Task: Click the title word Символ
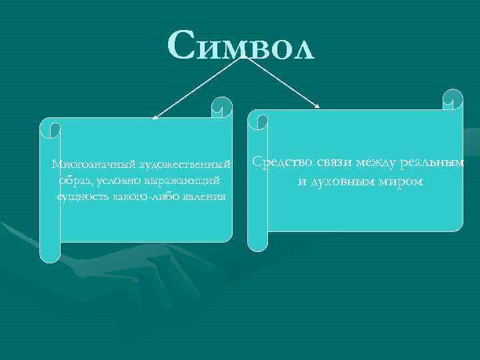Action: click(241, 46)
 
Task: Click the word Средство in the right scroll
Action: click(279, 163)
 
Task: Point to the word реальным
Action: click(434, 163)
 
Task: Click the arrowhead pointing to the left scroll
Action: click(155, 118)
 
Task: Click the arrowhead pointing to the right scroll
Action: click(319, 106)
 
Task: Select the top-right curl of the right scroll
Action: click(453, 99)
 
